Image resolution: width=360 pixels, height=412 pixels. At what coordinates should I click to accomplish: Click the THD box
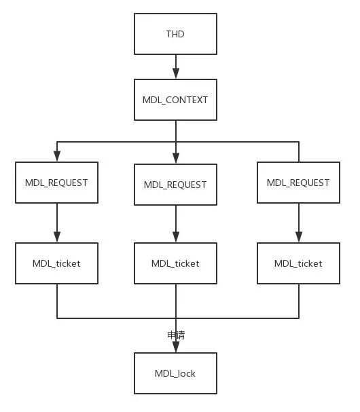pos(175,34)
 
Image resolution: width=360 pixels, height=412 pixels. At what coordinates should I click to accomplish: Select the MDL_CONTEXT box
pos(175,100)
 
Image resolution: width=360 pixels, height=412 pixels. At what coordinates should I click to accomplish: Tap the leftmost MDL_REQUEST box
pos(56,183)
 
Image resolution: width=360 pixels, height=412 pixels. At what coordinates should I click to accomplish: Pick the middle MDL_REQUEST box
pos(175,184)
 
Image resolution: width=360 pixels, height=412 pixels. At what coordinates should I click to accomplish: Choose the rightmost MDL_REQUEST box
pos(298,182)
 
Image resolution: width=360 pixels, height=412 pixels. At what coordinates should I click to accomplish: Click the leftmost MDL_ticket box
pos(56,263)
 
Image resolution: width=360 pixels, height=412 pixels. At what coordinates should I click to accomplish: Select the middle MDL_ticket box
pos(175,263)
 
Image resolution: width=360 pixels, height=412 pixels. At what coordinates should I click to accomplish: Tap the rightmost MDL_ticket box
pos(298,263)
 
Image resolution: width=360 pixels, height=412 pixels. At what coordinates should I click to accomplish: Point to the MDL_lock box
pos(175,373)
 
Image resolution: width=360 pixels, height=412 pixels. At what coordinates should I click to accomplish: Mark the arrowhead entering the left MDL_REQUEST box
pos(56,157)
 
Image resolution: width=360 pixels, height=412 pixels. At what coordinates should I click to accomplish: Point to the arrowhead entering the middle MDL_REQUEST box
pos(175,159)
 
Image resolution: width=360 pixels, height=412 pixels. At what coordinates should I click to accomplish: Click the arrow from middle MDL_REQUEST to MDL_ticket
pos(175,224)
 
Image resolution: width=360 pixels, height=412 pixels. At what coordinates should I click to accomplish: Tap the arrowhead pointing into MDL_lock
pos(175,347)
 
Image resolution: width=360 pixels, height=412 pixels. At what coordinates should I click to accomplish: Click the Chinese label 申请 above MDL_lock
pos(176,335)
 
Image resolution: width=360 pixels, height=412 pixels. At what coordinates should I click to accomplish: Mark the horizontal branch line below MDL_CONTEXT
pos(115,142)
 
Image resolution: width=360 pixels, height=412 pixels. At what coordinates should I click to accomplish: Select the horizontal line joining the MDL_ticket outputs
pos(115,318)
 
